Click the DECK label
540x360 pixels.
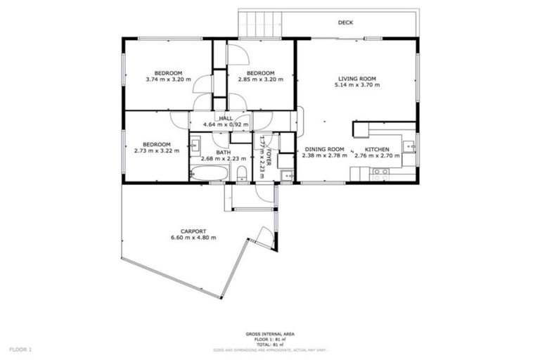[345, 22]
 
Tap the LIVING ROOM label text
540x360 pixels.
[356, 79]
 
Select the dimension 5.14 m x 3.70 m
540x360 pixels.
[356, 85]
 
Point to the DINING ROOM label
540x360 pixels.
[324, 148]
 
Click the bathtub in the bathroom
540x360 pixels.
[209, 172]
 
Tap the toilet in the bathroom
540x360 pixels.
[241, 173]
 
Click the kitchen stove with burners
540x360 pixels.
[381, 172]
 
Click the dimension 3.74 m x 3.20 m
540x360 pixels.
[169, 79]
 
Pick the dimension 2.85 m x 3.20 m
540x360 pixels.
[259, 79]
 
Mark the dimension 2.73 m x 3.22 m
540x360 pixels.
[157, 150]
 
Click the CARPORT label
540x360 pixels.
[193, 231]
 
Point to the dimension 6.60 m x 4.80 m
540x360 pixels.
[193, 238]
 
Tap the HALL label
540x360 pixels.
[226, 118]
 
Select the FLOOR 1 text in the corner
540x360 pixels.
[20, 349]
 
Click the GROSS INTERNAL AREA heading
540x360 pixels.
[269, 333]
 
